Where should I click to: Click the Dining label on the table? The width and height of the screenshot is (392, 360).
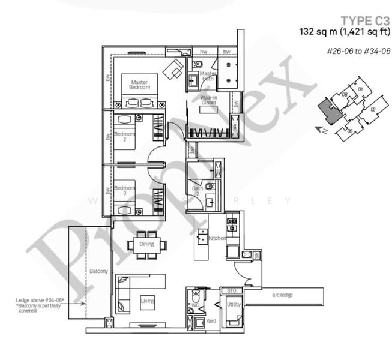click(x=146, y=244)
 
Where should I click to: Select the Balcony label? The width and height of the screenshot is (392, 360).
click(x=99, y=272)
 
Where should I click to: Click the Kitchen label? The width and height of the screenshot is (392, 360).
click(x=217, y=239)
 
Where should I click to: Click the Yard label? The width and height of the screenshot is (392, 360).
click(x=211, y=321)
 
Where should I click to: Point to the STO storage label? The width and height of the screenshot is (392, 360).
click(x=232, y=290)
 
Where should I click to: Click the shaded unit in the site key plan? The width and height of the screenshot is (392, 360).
click(x=328, y=110)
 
